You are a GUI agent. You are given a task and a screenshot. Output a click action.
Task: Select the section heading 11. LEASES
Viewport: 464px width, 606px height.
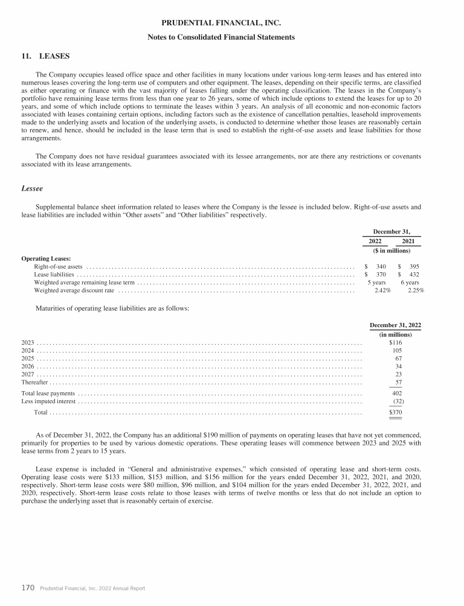point(45,56)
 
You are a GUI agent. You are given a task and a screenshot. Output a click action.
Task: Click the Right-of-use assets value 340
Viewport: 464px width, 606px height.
point(381,266)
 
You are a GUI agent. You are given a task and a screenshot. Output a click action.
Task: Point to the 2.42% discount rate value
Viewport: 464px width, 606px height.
point(382,290)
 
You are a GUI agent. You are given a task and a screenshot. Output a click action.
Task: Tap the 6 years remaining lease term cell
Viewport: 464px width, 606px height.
point(410,282)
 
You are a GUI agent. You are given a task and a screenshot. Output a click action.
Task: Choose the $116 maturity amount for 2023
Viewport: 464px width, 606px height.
point(396,342)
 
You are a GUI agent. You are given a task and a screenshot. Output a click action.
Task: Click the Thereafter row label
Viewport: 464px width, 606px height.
point(34,383)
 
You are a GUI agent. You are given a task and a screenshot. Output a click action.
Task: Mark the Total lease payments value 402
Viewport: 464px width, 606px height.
point(398,393)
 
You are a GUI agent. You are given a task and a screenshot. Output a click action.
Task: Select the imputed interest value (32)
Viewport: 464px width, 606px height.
point(398,401)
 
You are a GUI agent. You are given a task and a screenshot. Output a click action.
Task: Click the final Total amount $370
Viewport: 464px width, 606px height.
point(396,413)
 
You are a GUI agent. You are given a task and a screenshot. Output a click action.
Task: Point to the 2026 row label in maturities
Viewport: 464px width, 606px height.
point(28,366)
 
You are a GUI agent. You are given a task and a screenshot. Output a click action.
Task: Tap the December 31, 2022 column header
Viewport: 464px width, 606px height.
point(395,325)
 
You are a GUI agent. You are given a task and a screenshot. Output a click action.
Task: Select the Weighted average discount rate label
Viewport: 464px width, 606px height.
point(74,290)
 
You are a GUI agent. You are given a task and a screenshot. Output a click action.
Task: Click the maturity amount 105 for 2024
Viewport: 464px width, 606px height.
point(398,350)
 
